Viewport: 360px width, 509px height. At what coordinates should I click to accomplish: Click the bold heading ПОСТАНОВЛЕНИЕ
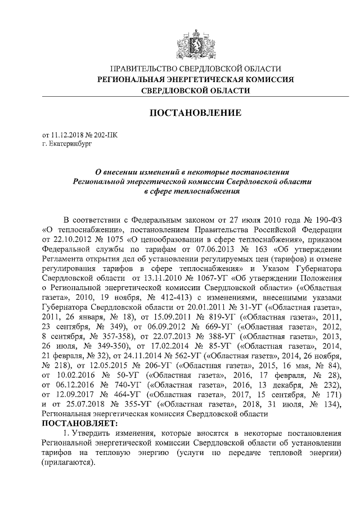coord(195,113)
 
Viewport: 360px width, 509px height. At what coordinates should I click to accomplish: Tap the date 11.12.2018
coord(67,135)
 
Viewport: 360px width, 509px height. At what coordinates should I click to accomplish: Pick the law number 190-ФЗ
coord(328,219)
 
